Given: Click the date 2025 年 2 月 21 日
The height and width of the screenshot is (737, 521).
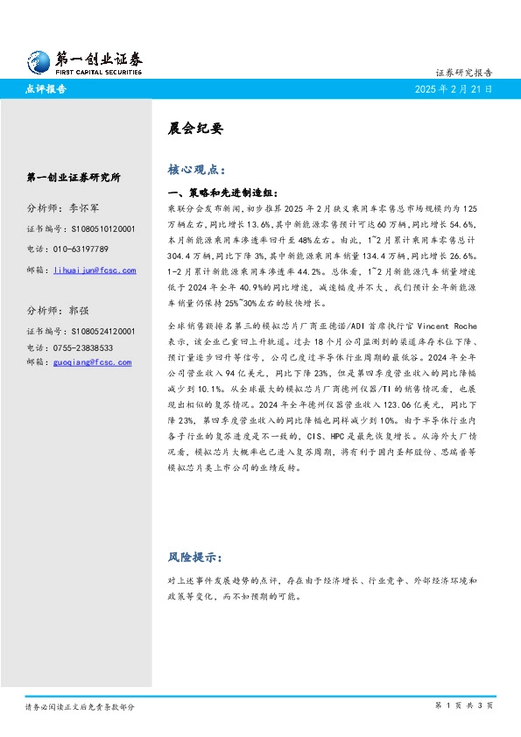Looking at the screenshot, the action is coord(454,89).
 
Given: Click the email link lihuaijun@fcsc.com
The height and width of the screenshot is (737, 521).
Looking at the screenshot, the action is coord(95,270).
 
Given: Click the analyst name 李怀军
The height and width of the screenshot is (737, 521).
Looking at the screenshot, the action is coord(84,208).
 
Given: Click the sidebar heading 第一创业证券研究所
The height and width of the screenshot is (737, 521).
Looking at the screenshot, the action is coord(74,177).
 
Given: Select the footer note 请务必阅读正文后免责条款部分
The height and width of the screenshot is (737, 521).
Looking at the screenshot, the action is coord(80,705).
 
